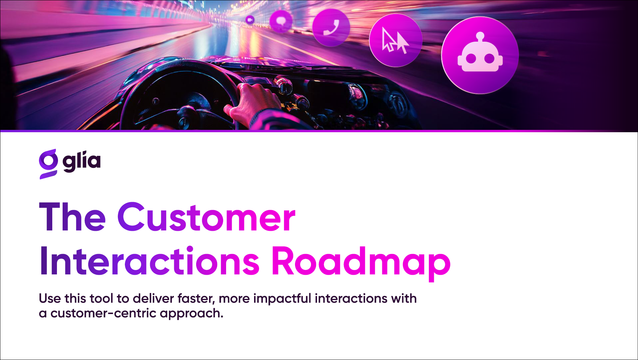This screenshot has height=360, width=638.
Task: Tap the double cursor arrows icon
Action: click(395, 40)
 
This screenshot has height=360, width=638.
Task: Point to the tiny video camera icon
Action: click(250, 20)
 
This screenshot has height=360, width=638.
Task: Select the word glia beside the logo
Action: click(82, 162)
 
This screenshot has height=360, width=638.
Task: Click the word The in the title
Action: click(72, 217)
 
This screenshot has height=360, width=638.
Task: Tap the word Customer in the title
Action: click(206, 217)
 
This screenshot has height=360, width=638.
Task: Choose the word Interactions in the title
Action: click(150, 261)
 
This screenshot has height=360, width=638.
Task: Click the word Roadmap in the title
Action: click(361, 263)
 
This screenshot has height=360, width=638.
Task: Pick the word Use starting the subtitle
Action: click(50, 298)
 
